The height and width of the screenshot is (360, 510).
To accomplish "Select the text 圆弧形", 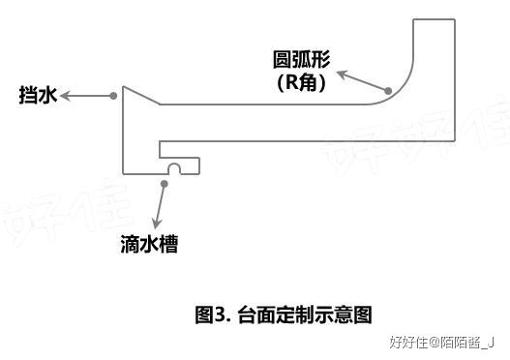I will point(301,60).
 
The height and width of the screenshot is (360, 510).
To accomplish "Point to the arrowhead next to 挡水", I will point(67,96).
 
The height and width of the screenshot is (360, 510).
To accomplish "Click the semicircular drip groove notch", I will point(174,169).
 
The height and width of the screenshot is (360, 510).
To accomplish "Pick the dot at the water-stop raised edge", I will point(114,95).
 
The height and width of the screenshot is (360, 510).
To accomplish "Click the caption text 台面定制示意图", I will point(304,315).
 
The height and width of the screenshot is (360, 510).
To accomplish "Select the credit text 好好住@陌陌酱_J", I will point(440,342).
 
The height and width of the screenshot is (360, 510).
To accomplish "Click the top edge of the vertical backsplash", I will point(435,18).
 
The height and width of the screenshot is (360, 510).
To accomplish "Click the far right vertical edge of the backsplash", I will point(455,77).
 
